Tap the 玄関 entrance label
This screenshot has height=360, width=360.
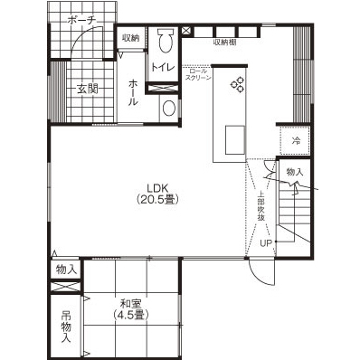pos(87,89)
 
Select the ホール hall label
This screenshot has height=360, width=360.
pos(133,91)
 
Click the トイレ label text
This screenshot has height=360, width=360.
pos(163,68)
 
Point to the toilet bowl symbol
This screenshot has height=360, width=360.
pos(165,41)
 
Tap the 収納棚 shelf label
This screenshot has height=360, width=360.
pos(225,41)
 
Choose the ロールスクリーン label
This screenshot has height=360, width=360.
pos(197,74)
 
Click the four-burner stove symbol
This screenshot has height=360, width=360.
pos(239,85)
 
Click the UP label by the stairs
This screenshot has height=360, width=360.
pos(266,242)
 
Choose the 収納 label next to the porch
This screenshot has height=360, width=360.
pos(130,38)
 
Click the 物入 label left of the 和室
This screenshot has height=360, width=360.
pos(66,270)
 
